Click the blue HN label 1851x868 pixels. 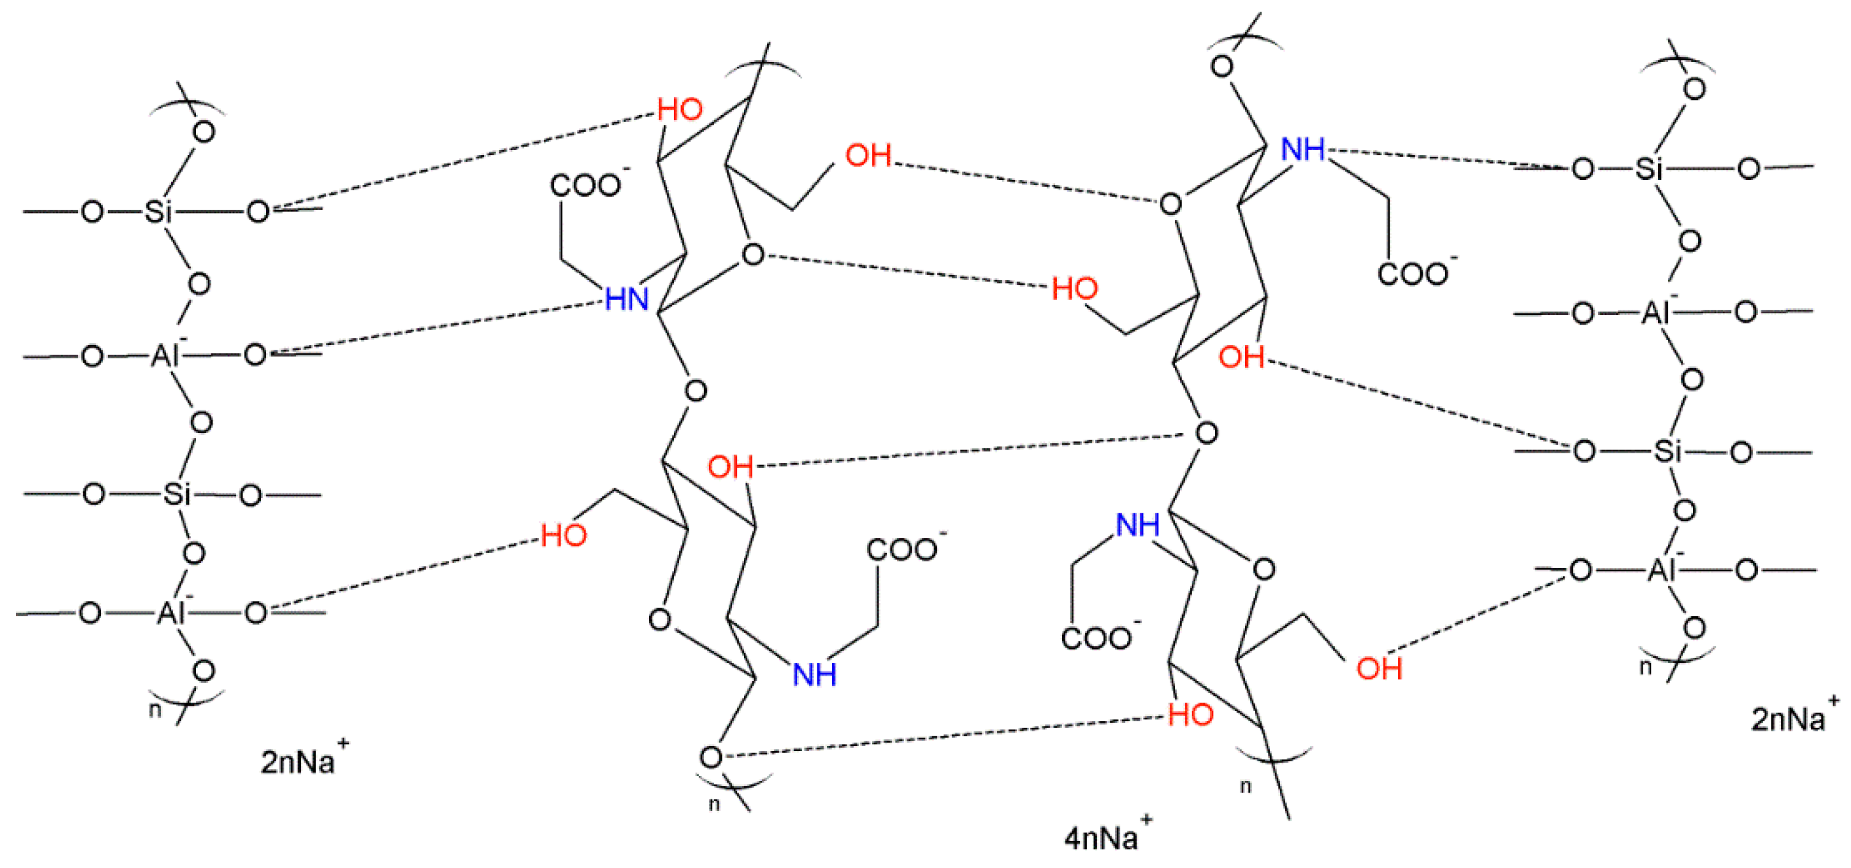pyautogui.click(x=627, y=298)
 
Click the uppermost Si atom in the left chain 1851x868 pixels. pyautogui.click(x=157, y=211)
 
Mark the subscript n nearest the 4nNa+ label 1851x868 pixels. pyautogui.click(x=1245, y=786)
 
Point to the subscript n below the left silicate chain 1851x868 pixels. pyautogui.click(x=154, y=710)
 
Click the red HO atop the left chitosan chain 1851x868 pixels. pyautogui.click(x=679, y=109)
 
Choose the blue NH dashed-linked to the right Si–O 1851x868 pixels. pyautogui.click(x=1302, y=149)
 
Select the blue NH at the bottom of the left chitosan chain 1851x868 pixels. pyautogui.click(x=814, y=674)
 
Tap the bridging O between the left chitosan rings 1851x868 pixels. pyautogui.click(x=695, y=391)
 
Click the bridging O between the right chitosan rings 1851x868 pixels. pyautogui.click(x=1206, y=432)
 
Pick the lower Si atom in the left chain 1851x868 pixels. pyautogui.click(x=176, y=494)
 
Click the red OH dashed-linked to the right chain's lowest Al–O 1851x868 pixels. pyautogui.click(x=1378, y=668)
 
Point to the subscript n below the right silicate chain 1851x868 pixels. pyautogui.click(x=1645, y=668)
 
